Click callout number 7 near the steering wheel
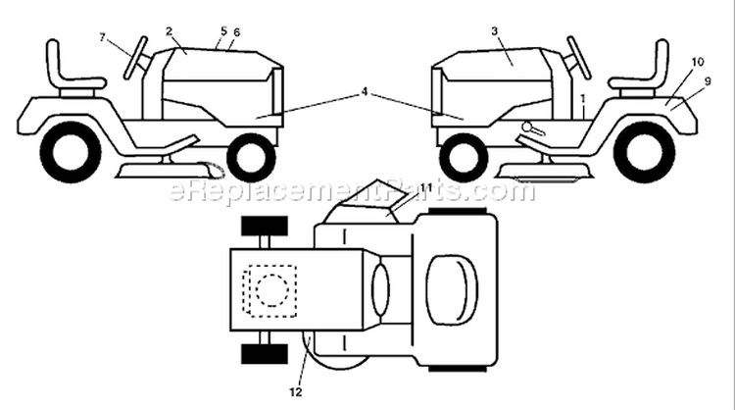[x=103, y=37]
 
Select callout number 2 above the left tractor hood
[x=170, y=31]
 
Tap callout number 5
[x=223, y=31]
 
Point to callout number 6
[x=236, y=32]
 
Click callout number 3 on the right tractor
[x=495, y=31]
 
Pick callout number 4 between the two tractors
[x=365, y=92]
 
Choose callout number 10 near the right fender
[x=698, y=62]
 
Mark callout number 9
[x=708, y=81]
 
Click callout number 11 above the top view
[x=425, y=187]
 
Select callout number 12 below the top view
[x=296, y=392]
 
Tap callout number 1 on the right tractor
[x=583, y=98]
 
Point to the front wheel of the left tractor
[x=251, y=157]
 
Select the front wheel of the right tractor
[x=463, y=157]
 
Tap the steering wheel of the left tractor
[x=136, y=58]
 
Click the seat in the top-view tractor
[x=452, y=290]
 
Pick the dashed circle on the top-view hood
[x=272, y=290]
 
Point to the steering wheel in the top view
[x=380, y=289]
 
